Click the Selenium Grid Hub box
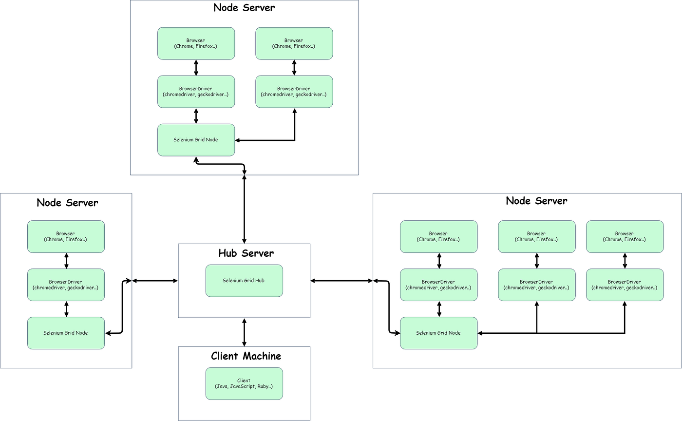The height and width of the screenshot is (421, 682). pyautogui.click(x=244, y=281)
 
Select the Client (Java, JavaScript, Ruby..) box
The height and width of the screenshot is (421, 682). pyautogui.click(x=244, y=383)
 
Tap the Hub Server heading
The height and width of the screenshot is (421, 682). pyautogui.click(x=246, y=253)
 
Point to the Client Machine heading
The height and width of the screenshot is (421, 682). pyautogui.click(x=246, y=356)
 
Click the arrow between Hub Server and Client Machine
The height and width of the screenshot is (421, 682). pyautogui.click(x=244, y=332)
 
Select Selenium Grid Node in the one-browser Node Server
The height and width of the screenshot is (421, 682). pyautogui.click(x=66, y=333)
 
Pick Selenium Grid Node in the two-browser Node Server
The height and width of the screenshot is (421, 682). pyautogui.click(x=196, y=140)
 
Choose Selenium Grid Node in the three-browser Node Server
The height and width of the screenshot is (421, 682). pyautogui.click(x=438, y=333)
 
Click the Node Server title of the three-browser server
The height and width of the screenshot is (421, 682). pyautogui.click(x=536, y=201)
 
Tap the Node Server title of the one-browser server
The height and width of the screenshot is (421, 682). pyautogui.click(x=67, y=203)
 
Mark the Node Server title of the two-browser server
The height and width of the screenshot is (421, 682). pyautogui.click(x=244, y=8)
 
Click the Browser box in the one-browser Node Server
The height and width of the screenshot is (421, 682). pyautogui.click(x=66, y=237)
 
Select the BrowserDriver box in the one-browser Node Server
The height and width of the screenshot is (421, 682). pyautogui.click(x=66, y=285)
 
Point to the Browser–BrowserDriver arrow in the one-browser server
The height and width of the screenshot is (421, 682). pyautogui.click(x=66, y=261)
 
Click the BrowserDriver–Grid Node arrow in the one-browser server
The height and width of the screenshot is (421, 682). pyautogui.click(x=66, y=309)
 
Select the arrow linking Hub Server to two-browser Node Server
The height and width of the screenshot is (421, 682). pyautogui.click(x=244, y=210)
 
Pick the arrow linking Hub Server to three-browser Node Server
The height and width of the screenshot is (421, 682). pyautogui.click(x=341, y=281)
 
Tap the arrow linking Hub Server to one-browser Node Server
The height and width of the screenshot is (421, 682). pyautogui.click(x=155, y=281)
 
